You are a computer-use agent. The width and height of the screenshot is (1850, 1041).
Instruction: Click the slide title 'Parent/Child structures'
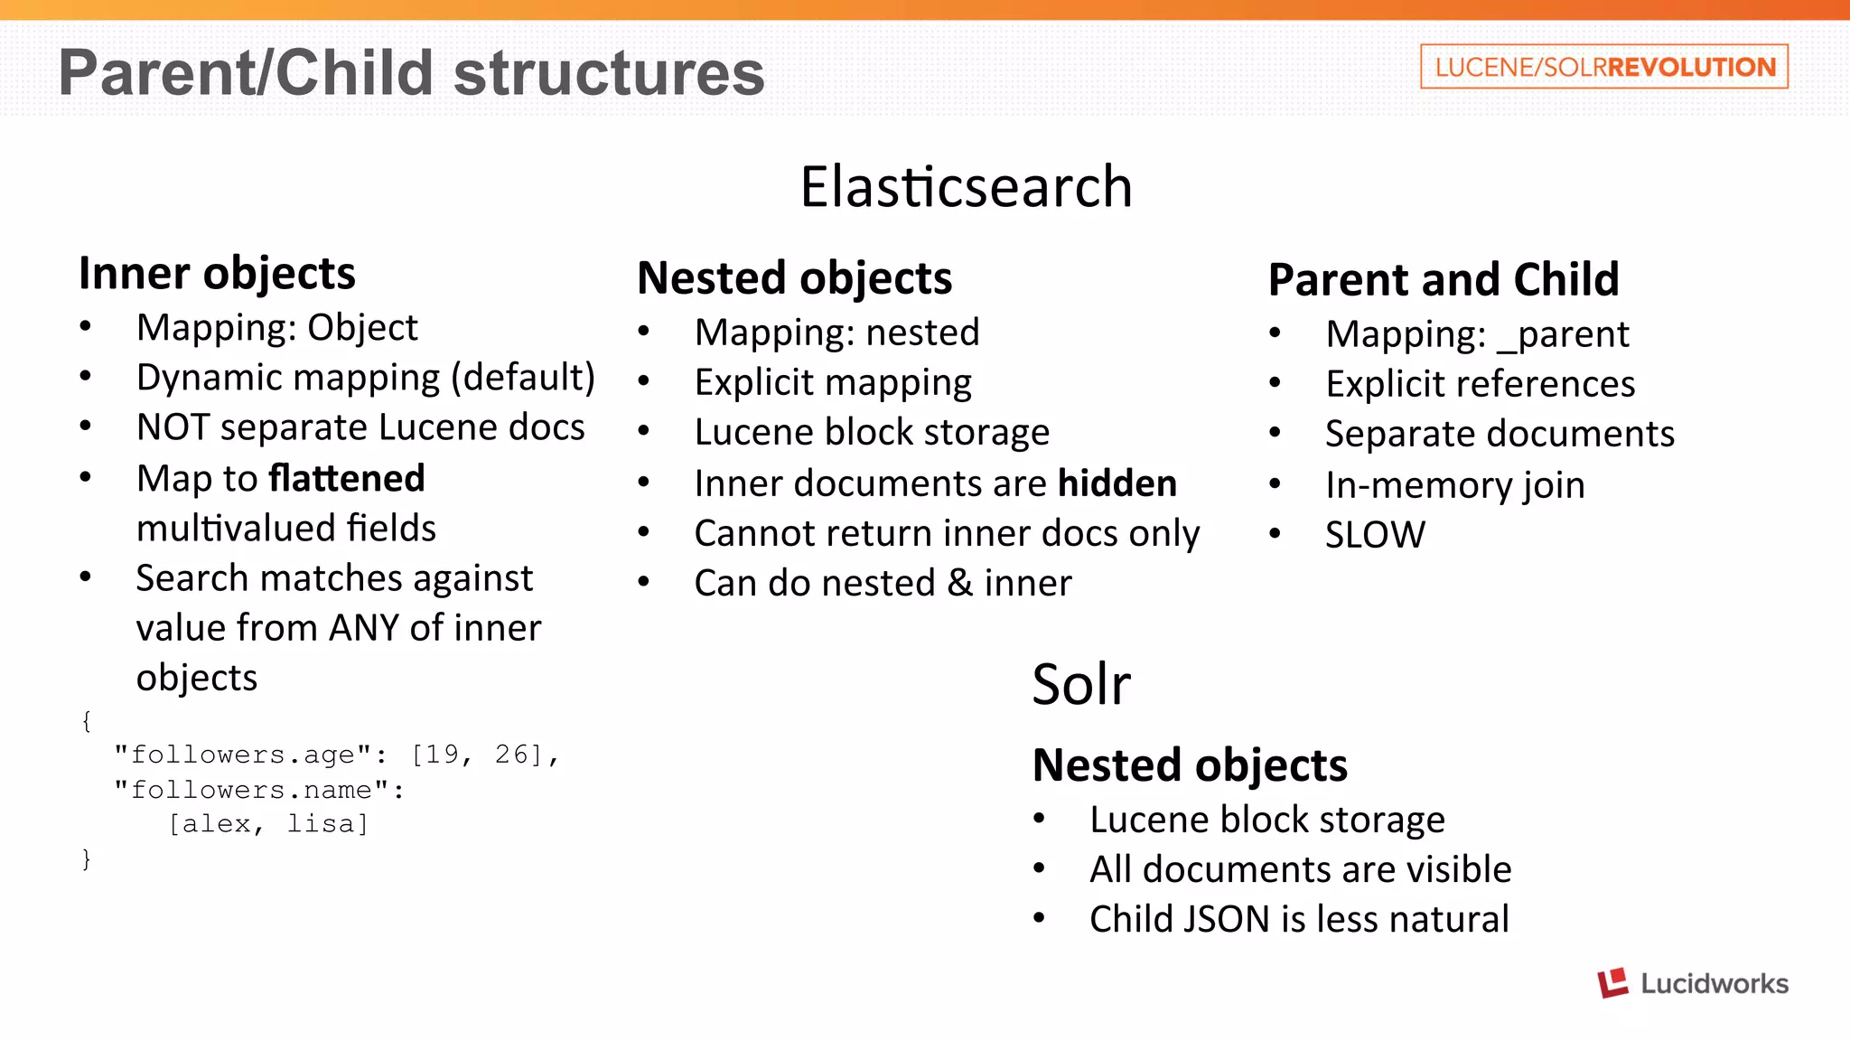tap(411, 72)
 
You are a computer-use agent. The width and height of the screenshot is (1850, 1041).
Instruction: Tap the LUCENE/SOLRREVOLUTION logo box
tap(1603, 67)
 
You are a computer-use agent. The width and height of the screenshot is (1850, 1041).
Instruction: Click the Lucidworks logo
tap(1692, 983)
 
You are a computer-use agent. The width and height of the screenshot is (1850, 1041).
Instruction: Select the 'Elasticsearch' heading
tap(966, 187)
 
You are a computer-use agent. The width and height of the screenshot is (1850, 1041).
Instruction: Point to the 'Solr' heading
tap(1080, 684)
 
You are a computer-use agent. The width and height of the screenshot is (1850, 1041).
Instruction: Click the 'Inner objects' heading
tap(217, 273)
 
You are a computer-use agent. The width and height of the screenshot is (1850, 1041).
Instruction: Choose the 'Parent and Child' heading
tap(1443, 279)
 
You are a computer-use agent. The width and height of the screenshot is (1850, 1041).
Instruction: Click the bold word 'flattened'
tap(347, 478)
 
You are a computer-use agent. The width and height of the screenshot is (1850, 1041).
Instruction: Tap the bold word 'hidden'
tap(1117, 483)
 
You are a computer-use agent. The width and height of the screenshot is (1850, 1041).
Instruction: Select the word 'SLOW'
tap(1375, 535)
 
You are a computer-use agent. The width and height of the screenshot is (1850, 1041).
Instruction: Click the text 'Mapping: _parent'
tap(1477, 334)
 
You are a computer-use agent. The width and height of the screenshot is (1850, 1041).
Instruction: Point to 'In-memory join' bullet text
tap(1454, 485)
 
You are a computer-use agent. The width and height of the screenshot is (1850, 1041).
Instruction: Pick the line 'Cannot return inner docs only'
tap(947, 533)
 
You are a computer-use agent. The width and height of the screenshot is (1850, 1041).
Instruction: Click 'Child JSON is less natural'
tap(1299, 919)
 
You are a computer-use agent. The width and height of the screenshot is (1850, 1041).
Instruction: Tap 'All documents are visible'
tap(1300, 869)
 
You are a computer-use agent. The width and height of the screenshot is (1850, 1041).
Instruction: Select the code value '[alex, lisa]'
tap(268, 824)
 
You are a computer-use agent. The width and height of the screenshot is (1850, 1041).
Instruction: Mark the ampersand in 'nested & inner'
tap(960, 584)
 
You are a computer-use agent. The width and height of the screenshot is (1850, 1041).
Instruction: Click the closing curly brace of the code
tap(87, 858)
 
